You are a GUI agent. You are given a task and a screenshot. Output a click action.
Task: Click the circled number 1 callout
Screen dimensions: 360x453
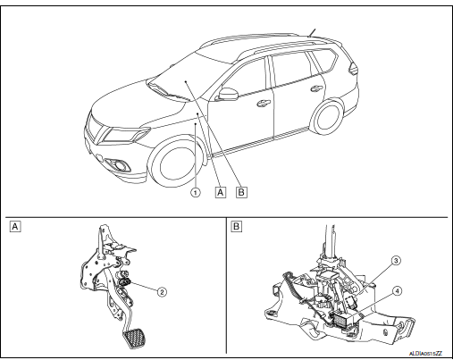tap(195, 189)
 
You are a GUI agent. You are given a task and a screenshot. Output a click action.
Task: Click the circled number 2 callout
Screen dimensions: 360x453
tap(163, 290)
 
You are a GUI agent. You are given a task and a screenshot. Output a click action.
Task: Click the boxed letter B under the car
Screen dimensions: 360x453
tap(241, 189)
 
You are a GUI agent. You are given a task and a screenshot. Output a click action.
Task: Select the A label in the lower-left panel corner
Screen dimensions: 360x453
tap(14, 225)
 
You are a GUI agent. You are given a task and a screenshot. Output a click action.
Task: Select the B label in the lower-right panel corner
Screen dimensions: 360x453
tap(237, 225)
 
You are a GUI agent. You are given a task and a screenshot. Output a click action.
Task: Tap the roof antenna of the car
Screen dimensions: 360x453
tap(311, 34)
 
